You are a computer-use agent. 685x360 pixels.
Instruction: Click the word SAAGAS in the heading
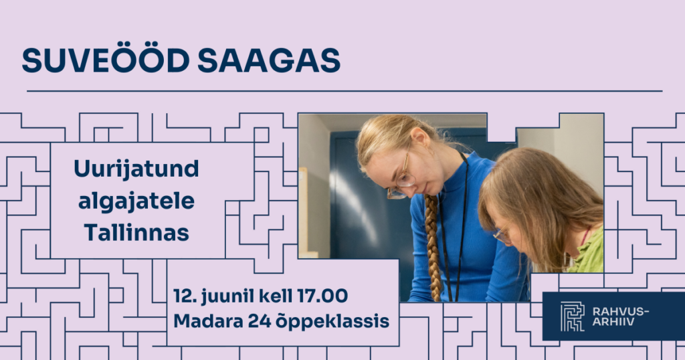pos(269,60)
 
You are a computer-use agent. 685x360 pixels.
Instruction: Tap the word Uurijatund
pos(136,169)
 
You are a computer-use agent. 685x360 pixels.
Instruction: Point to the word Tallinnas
pos(136,232)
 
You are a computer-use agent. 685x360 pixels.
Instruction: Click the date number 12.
pos(184,296)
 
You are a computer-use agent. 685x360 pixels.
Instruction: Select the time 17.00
pos(322,296)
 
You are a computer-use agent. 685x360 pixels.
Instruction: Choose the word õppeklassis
pos(332,322)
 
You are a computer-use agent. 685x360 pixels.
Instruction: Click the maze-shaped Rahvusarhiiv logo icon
pos(573,317)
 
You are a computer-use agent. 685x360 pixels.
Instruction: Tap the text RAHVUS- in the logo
pos(621,311)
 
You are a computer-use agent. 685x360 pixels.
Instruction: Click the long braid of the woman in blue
pos(433,247)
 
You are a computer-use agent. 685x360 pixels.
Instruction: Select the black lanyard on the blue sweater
pos(453,228)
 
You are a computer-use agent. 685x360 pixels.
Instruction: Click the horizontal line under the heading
pos(345,91)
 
